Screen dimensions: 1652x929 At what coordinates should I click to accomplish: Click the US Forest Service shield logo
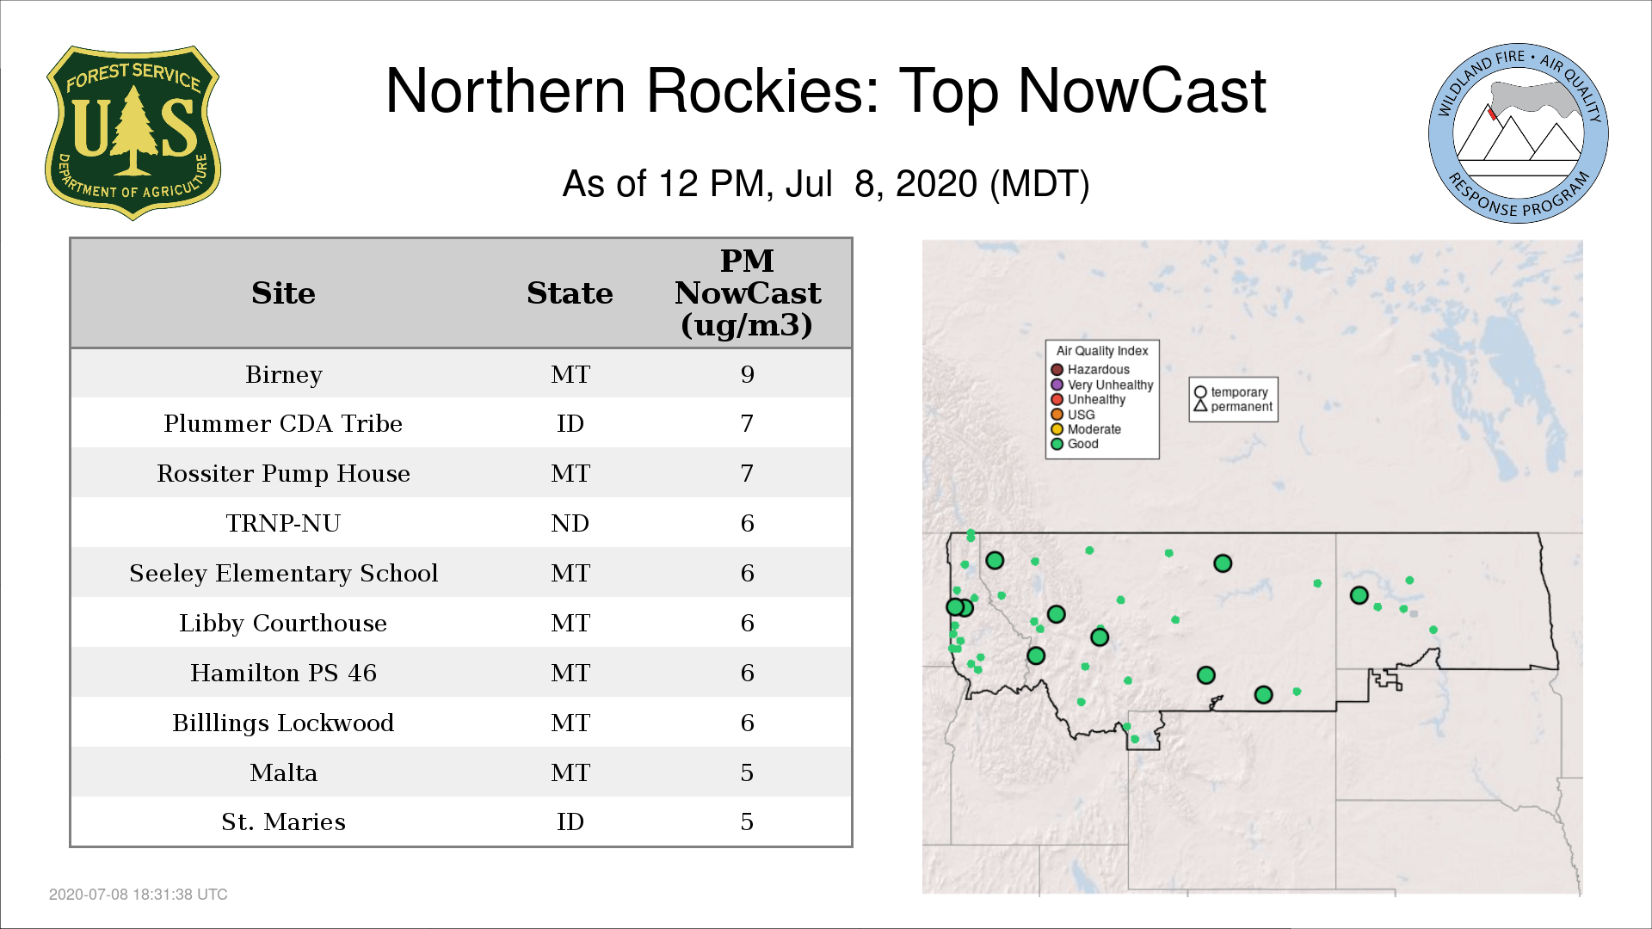pyautogui.click(x=133, y=132)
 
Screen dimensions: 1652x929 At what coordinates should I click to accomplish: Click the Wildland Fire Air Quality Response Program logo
pyautogui.click(x=1519, y=133)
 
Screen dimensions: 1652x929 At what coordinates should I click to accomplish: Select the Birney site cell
pyautogui.click(x=284, y=374)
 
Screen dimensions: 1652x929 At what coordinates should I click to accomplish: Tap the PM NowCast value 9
pyautogui.click(x=747, y=374)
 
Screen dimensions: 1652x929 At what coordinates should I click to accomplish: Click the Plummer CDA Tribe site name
pyautogui.click(x=283, y=423)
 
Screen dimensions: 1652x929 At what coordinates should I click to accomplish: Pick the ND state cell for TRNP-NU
pyautogui.click(x=570, y=523)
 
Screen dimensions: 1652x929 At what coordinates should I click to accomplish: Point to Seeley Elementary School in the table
pyautogui.click(x=284, y=573)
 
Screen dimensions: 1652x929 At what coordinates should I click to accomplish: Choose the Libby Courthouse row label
pyautogui.click(x=283, y=623)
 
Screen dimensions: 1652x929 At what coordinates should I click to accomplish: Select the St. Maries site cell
pyautogui.click(x=283, y=821)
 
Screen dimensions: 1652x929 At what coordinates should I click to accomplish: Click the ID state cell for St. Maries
pyautogui.click(x=570, y=821)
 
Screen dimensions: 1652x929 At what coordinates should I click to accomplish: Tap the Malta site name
pyautogui.click(x=284, y=772)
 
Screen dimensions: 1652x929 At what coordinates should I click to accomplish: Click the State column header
pyautogui.click(x=570, y=293)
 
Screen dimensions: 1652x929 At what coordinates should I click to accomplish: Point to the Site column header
pyautogui.click(x=284, y=293)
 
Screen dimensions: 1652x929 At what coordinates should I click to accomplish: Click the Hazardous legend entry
pyautogui.click(x=1090, y=370)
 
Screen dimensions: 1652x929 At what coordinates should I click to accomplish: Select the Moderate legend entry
pyautogui.click(x=1086, y=429)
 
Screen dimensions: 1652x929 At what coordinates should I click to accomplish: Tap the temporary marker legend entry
pyautogui.click(x=1231, y=392)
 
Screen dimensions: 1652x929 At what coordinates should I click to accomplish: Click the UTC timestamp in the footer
pyautogui.click(x=139, y=895)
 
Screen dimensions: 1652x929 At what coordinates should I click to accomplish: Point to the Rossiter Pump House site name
pyautogui.click(x=283, y=473)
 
